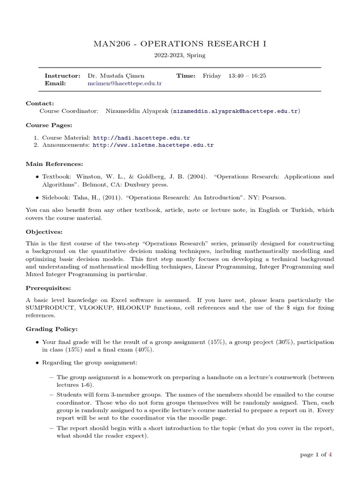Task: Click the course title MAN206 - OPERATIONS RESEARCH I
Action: [180, 44]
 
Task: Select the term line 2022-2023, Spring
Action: [180, 55]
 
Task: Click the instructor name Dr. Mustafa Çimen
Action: [115, 75]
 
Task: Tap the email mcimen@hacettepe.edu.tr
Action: [125, 83]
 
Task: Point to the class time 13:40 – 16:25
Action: [247, 75]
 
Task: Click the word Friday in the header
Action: [211, 75]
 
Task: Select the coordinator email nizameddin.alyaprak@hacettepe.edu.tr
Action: [236, 111]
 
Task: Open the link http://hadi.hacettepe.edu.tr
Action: [142, 138]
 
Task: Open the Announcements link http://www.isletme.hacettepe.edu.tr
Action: [153, 145]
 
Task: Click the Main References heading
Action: [54, 164]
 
